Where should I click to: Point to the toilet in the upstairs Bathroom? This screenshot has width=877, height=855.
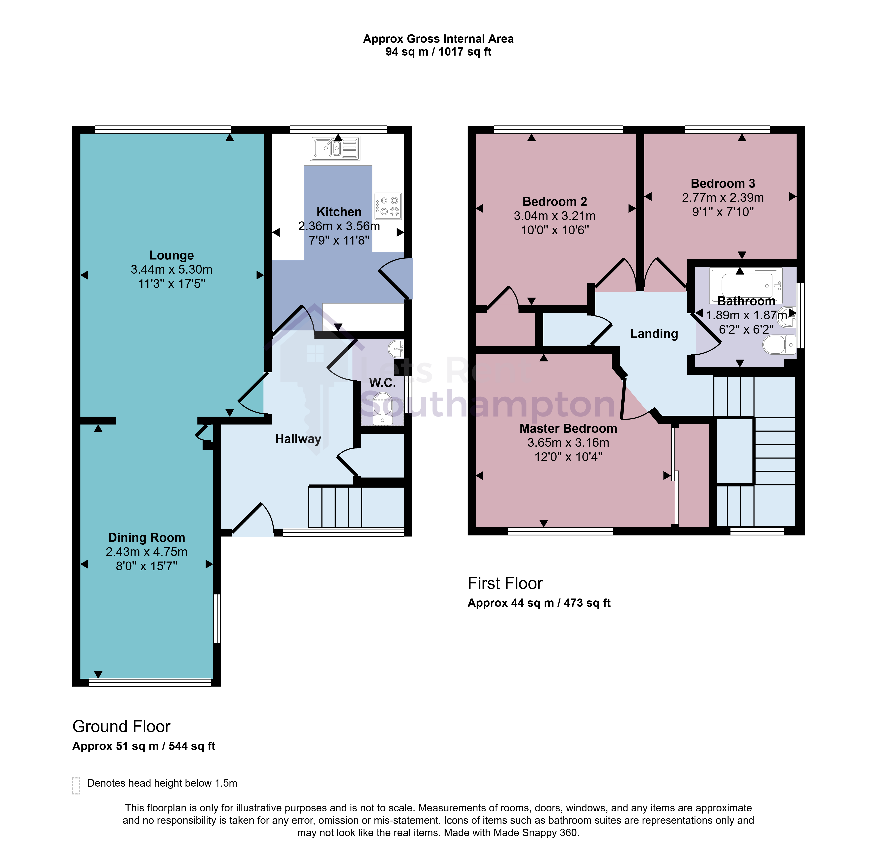pos(779,345)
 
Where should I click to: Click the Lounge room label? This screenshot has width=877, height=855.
pos(172,255)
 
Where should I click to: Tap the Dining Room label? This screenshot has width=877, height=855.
pos(147,538)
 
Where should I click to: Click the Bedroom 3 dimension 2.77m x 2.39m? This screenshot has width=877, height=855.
pos(723,198)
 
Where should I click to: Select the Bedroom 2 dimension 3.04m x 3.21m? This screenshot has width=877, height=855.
pos(555,216)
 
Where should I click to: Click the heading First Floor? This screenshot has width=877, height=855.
pos(505,583)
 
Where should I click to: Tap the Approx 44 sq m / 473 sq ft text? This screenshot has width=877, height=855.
pos(539,603)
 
